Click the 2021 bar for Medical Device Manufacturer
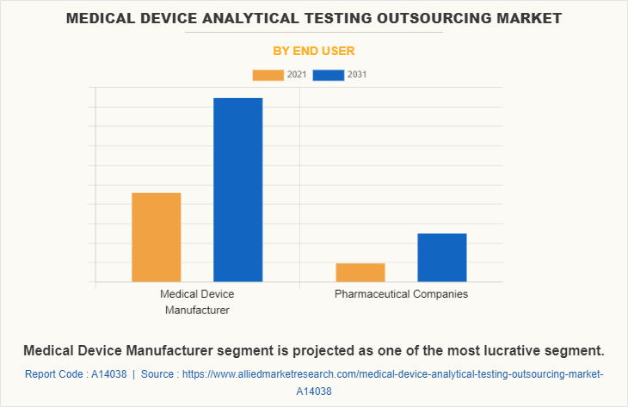(x=156, y=237)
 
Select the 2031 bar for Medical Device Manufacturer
(x=237, y=189)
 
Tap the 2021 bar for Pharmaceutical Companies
(x=360, y=272)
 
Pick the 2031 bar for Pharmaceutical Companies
(x=441, y=257)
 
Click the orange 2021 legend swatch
(x=268, y=75)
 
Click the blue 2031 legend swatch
(x=329, y=75)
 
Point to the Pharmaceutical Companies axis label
(x=401, y=294)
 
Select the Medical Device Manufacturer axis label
(x=197, y=302)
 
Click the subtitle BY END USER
(x=314, y=51)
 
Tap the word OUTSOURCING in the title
(x=407, y=17)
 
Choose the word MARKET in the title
(x=515, y=17)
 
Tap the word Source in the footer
(x=159, y=374)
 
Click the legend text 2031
(x=357, y=75)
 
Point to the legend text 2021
(x=297, y=75)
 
